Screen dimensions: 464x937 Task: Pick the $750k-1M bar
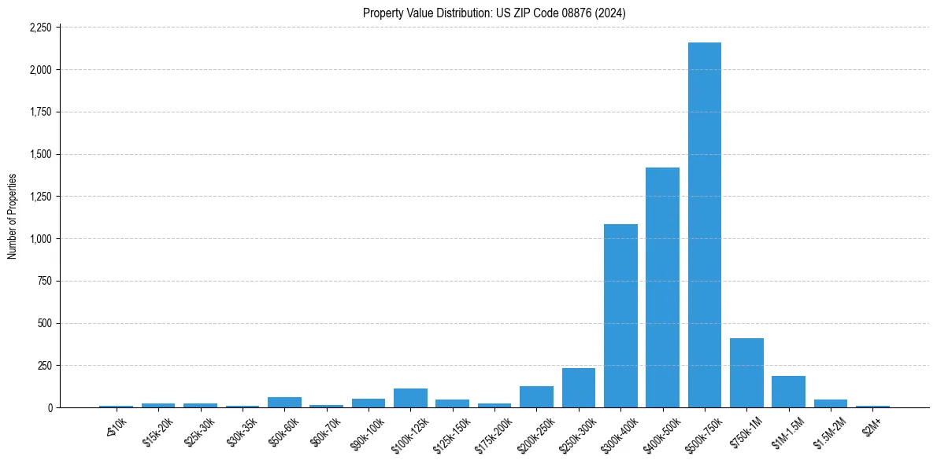746,373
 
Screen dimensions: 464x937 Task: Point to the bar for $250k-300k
578,388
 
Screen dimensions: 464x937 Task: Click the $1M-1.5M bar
788,392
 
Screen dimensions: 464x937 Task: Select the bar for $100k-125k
410,398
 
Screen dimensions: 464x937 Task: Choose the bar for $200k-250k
536,396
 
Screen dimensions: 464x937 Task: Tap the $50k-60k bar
284,402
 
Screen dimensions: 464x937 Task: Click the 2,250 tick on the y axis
39,28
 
